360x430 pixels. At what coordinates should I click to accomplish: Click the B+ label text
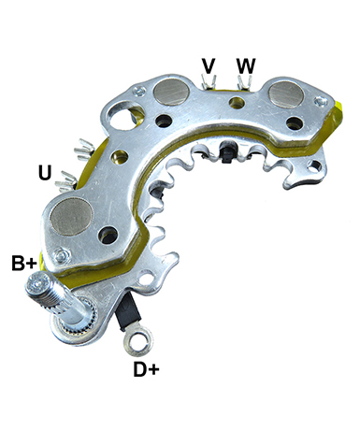click(x=24, y=263)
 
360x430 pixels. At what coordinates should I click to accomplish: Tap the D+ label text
click(x=146, y=369)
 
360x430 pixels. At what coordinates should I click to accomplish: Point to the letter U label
click(x=45, y=172)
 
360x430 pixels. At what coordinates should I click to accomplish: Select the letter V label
click(x=209, y=65)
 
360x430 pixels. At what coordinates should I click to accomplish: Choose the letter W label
click(x=246, y=65)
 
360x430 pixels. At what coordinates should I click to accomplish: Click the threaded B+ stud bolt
click(x=59, y=299)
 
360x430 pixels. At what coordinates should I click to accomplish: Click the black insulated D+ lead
click(x=127, y=312)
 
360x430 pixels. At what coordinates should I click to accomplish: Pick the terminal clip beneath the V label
click(x=209, y=81)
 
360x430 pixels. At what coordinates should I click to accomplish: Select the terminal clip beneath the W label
click(x=245, y=83)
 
